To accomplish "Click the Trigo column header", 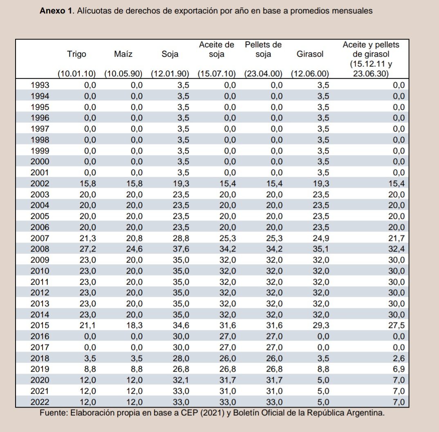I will pyautogui.click(x=76, y=54).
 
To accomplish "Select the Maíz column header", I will pyautogui.click(x=123, y=54).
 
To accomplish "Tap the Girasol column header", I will pyautogui.click(x=310, y=54).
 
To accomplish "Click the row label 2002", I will pyautogui.click(x=40, y=184).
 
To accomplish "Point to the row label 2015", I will pyautogui.click(x=40, y=325).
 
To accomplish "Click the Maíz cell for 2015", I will pyautogui.click(x=134, y=325).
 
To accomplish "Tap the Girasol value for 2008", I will pyautogui.click(x=321, y=249).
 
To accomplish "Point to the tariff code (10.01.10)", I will pyautogui.click(x=76, y=74).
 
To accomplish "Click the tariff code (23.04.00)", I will pyautogui.click(x=263, y=74).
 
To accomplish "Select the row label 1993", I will pyautogui.click(x=40, y=85).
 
